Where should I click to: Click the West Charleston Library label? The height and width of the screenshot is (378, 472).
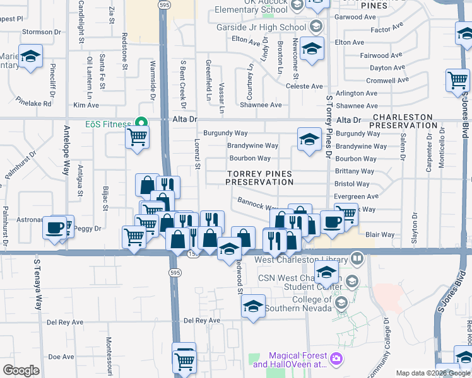tap(301, 260)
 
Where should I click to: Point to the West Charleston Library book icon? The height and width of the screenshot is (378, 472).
tap(357, 259)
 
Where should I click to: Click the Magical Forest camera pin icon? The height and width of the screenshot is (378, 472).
tap(336, 358)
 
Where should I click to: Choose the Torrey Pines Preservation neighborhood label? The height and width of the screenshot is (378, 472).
tap(260, 178)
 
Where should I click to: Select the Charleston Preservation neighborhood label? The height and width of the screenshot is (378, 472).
tap(403, 122)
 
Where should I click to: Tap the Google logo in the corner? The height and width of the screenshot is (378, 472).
tap(21, 370)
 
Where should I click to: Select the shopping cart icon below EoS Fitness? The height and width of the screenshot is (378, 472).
tap(137, 137)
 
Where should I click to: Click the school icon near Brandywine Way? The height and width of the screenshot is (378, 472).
tap(309, 140)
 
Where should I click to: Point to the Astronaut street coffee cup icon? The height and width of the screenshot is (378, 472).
tap(55, 226)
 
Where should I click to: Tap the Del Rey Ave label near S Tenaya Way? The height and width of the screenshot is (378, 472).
tap(65, 322)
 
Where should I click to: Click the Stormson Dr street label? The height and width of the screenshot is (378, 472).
tap(42, 31)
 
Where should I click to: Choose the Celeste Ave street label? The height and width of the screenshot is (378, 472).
tap(304, 86)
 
